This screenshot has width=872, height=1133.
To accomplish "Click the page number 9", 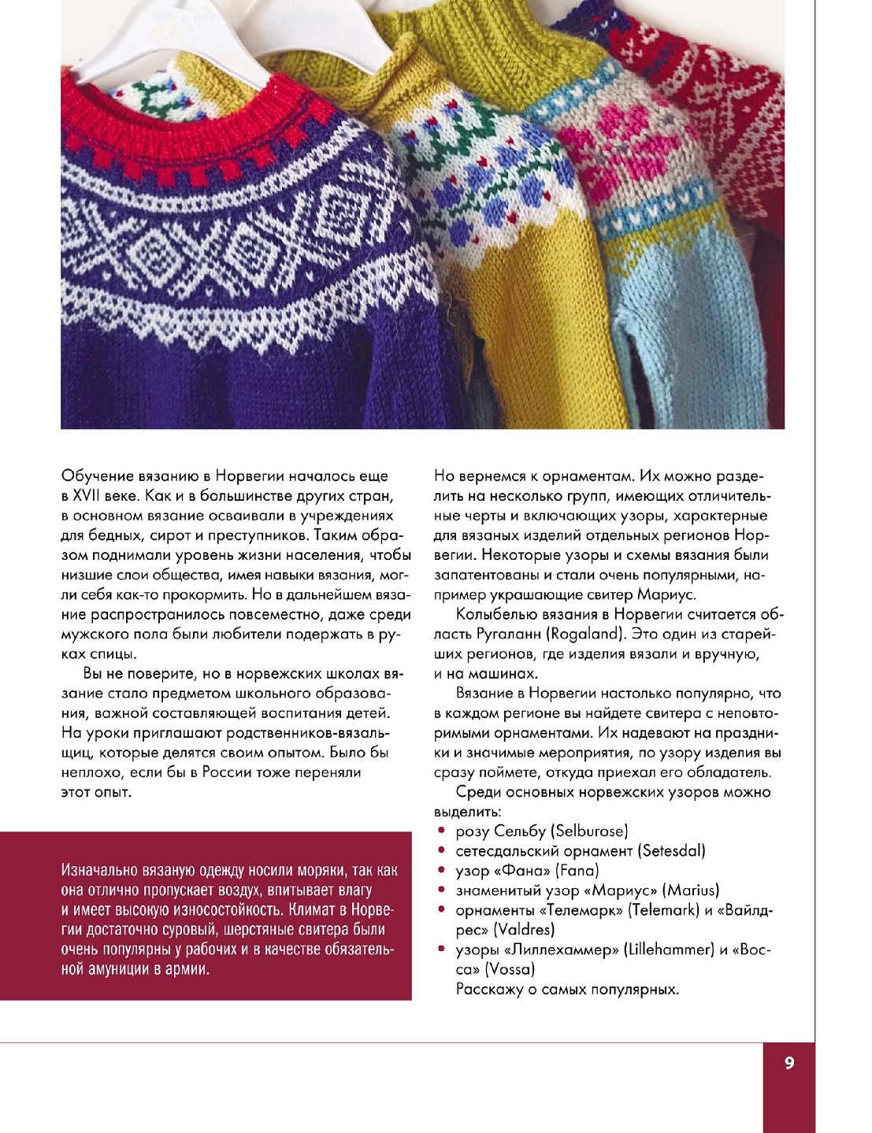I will tap(789, 1063).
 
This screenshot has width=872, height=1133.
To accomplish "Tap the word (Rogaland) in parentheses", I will tap(587, 635).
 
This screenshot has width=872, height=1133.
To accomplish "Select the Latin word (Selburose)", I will tap(590, 831).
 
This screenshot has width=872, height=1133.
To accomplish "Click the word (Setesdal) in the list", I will tap(671, 851).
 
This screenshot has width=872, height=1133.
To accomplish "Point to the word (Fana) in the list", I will tap(577, 871).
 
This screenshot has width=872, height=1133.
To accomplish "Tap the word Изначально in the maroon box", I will tap(99, 871).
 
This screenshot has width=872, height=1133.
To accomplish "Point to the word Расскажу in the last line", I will tap(489, 989).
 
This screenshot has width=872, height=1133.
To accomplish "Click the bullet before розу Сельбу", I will tap(442, 831).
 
